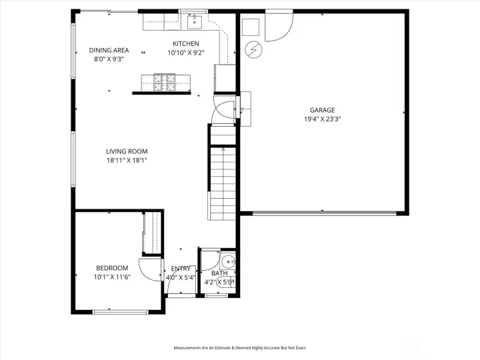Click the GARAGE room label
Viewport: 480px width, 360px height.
[322, 110]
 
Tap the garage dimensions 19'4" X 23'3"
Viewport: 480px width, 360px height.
[323, 119]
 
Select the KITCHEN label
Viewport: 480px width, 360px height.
[186, 43]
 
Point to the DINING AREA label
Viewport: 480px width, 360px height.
[109, 50]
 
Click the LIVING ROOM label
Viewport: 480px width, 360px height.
[127, 151]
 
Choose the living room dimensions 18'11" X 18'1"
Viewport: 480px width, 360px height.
[127, 160]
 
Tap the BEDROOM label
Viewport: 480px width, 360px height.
[112, 268]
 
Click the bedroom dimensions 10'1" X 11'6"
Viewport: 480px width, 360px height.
[112, 277]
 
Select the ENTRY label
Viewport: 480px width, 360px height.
[181, 269]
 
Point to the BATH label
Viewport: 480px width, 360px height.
[219, 273]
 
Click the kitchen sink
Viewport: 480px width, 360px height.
[195, 21]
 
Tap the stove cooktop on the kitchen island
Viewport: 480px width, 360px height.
[165, 83]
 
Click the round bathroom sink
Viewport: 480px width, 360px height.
[229, 262]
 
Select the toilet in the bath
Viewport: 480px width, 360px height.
[225, 282]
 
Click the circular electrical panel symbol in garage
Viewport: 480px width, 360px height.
[254, 49]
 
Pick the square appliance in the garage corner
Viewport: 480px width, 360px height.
[251, 27]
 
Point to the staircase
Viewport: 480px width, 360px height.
[223, 172]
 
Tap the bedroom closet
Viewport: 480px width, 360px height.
[152, 233]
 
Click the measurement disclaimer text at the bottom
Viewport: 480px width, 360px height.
[240, 348]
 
